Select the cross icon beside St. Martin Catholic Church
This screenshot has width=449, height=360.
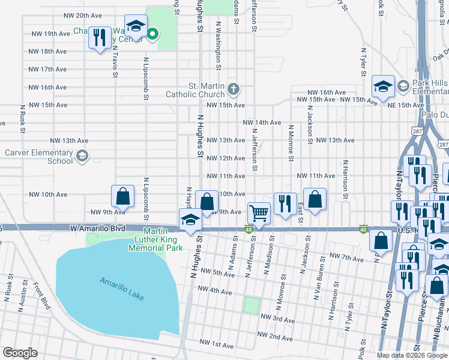pyautogui.click(x=234, y=90)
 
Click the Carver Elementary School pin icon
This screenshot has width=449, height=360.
pyautogui.click(x=82, y=157)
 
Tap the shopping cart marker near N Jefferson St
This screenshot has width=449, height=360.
pyautogui.click(x=259, y=213)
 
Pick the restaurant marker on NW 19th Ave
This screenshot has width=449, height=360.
pyautogui.click(x=98, y=37)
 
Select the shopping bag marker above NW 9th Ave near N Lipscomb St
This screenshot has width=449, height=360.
pyautogui.click(x=122, y=196)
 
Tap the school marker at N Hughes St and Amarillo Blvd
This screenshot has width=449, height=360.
pyautogui.click(x=190, y=220)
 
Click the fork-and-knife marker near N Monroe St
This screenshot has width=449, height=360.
pyautogui.click(x=285, y=203)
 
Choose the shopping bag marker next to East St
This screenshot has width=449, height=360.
pyautogui.click(x=314, y=199)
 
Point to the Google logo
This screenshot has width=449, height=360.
pyautogui.click(x=20, y=353)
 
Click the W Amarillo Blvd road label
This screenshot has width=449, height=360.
pyautogui.click(x=97, y=229)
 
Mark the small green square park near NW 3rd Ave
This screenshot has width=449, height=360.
pyautogui.click(x=252, y=305)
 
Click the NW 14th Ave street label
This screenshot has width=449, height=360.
pyautogui.click(x=262, y=122)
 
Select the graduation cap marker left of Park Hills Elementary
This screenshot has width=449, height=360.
pyautogui.click(x=382, y=86)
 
